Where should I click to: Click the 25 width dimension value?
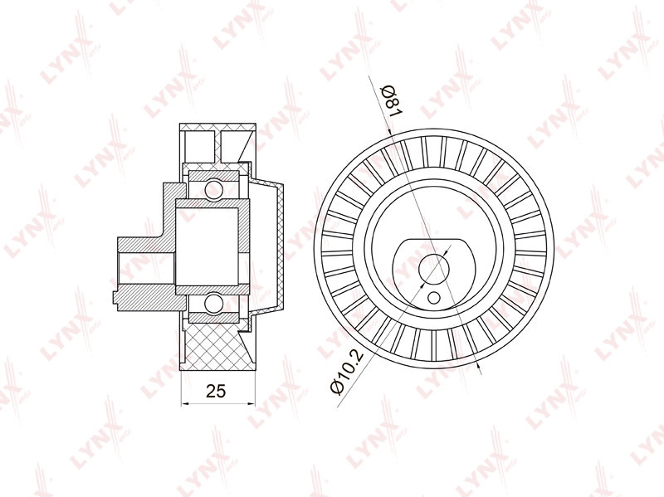(216, 391)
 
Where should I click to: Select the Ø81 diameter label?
(391, 100)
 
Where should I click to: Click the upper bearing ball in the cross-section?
(214, 188)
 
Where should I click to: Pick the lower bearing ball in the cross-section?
(214, 304)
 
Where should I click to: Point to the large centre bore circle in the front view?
(433, 267)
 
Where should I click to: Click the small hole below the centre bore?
(433, 298)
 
